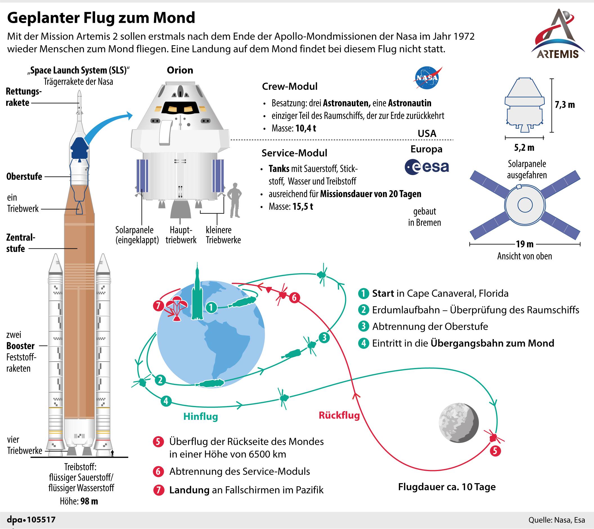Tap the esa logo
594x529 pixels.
tap(427, 167)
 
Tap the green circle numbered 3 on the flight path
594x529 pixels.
tap(324, 338)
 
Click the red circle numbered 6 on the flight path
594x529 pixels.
tap(294, 298)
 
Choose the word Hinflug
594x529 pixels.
tap(201, 416)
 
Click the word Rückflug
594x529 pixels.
tap(339, 415)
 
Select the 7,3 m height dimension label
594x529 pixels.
tap(565, 105)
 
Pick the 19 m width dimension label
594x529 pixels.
tap(524, 244)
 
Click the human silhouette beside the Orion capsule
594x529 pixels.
tap(234, 200)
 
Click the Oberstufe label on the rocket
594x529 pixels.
tap(24, 176)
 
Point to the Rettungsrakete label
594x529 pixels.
tap(23, 97)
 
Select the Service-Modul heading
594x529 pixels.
tap(294, 153)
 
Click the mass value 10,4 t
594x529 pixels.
tap(305, 128)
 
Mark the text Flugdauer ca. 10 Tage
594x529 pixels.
tap(447, 487)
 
